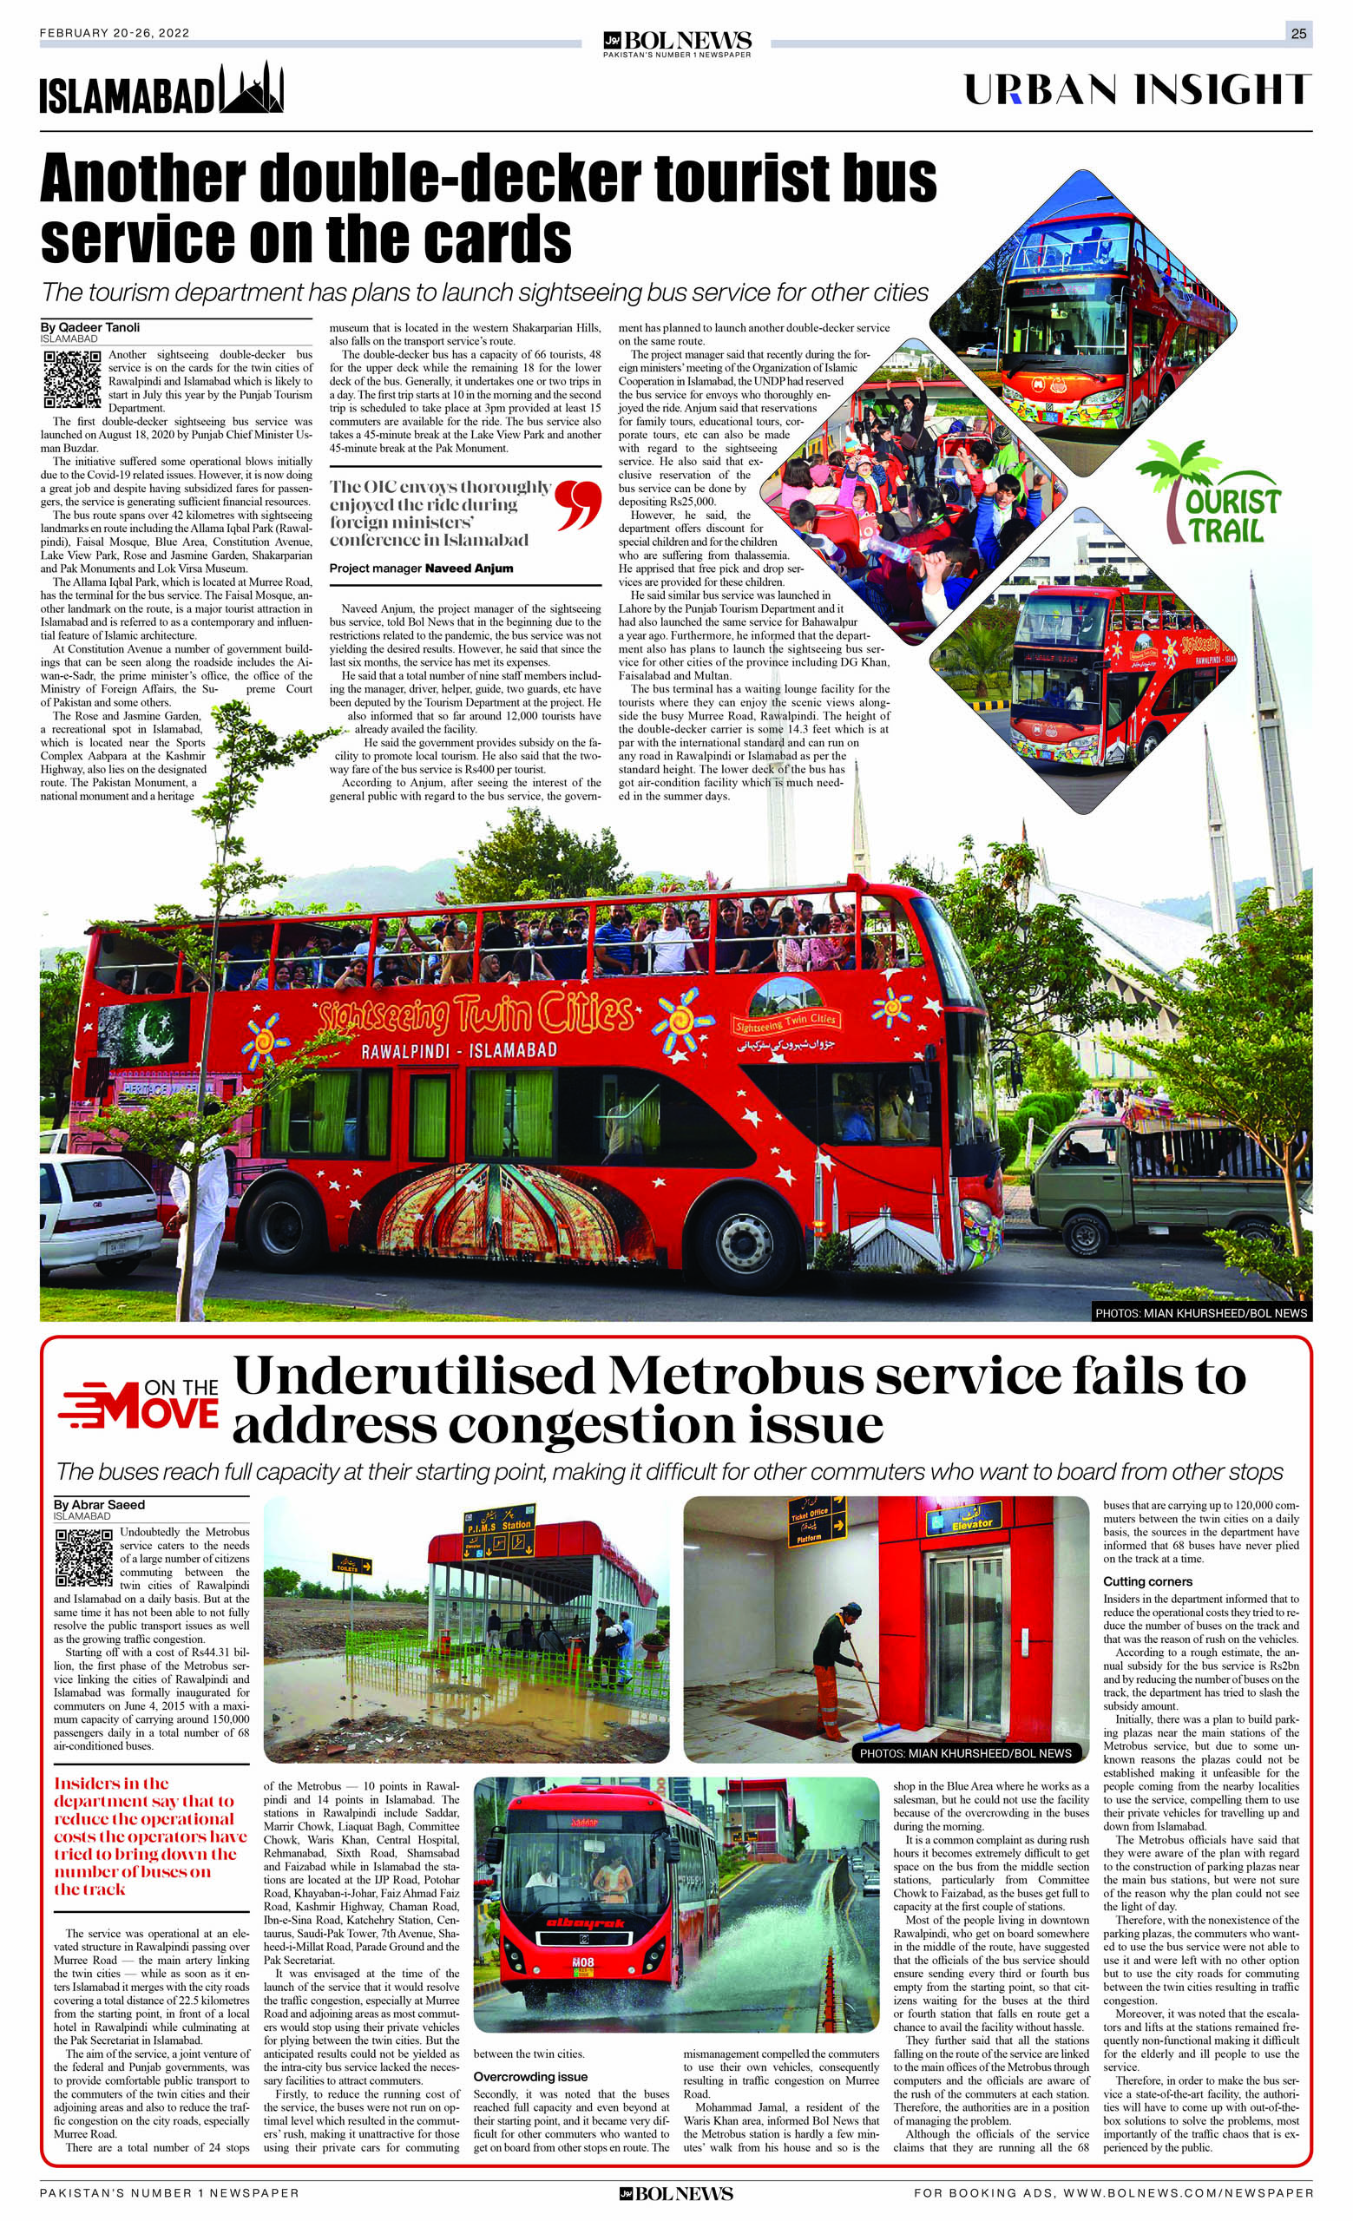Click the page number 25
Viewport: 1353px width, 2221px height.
click(1298, 34)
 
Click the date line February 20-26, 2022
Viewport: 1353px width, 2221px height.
click(114, 33)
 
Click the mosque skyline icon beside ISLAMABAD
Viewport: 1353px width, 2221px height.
click(253, 91)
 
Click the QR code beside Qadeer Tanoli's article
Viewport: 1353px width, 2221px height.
click(72, 378)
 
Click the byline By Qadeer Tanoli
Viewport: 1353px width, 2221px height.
click(90, 327)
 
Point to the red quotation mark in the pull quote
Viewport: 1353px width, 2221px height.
click(578, 506)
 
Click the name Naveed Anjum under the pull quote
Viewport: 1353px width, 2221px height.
click(469, 568)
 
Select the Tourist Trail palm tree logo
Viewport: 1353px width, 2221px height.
click(1209, 492)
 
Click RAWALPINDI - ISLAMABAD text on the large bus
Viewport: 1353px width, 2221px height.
click(459, 1051)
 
